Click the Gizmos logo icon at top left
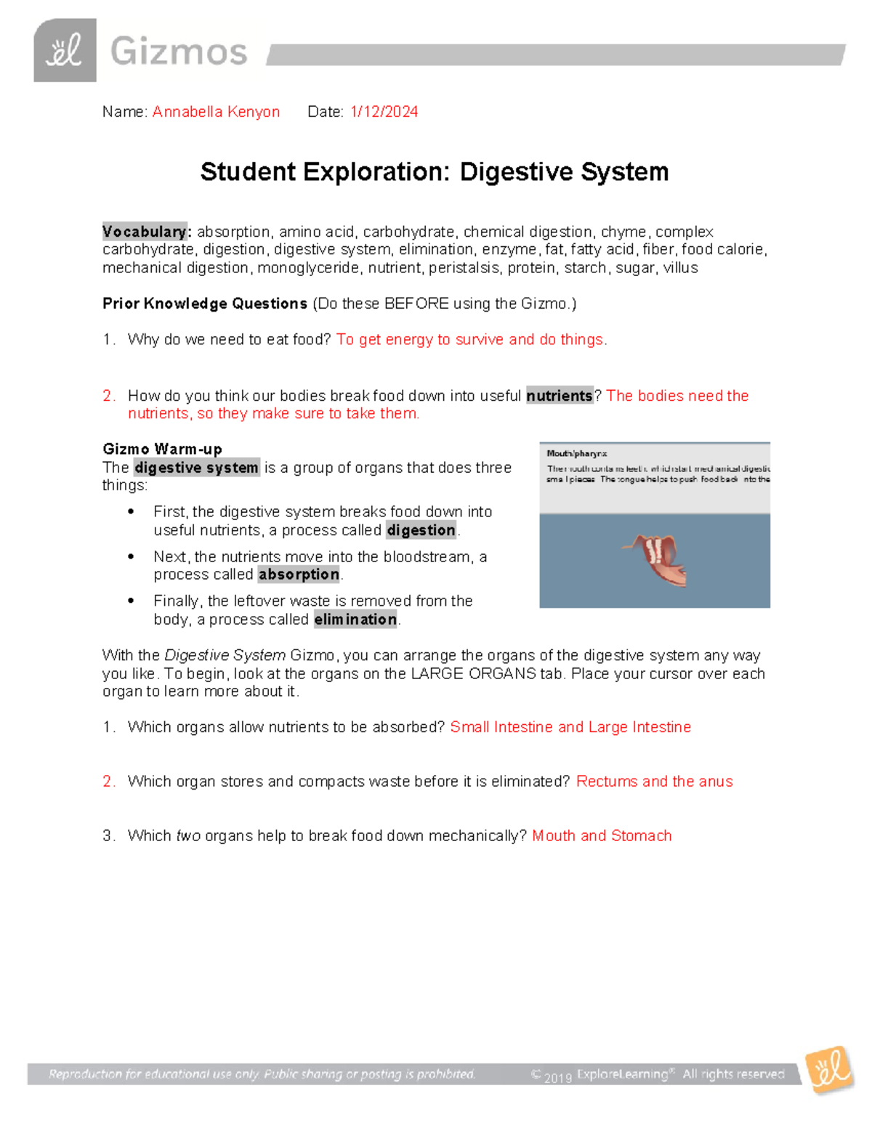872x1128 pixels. pos(65,50)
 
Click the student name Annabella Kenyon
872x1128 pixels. pos(216,112)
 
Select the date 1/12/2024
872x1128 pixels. pos(384,112)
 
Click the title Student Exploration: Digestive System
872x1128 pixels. pos(435,172)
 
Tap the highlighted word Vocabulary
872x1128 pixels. pos(145,232)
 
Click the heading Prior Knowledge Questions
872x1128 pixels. pos(205,304)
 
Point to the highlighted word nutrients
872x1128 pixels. pos(560,396)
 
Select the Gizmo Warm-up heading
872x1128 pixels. pos(162,449)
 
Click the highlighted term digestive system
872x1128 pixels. pos(197,468)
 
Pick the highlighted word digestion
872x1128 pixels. pos(421,530)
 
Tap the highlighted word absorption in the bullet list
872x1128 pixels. pos(299,575)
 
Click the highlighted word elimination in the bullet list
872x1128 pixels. pos(355,620)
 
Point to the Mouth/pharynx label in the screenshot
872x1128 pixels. pos(576,454)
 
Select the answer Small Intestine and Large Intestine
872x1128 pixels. pos(570,727)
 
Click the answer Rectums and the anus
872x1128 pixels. pos(654,782)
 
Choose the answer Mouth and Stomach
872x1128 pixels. pos(602,836)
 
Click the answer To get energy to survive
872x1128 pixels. pos(471,340)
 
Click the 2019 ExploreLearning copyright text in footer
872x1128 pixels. pos(658,1074)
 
